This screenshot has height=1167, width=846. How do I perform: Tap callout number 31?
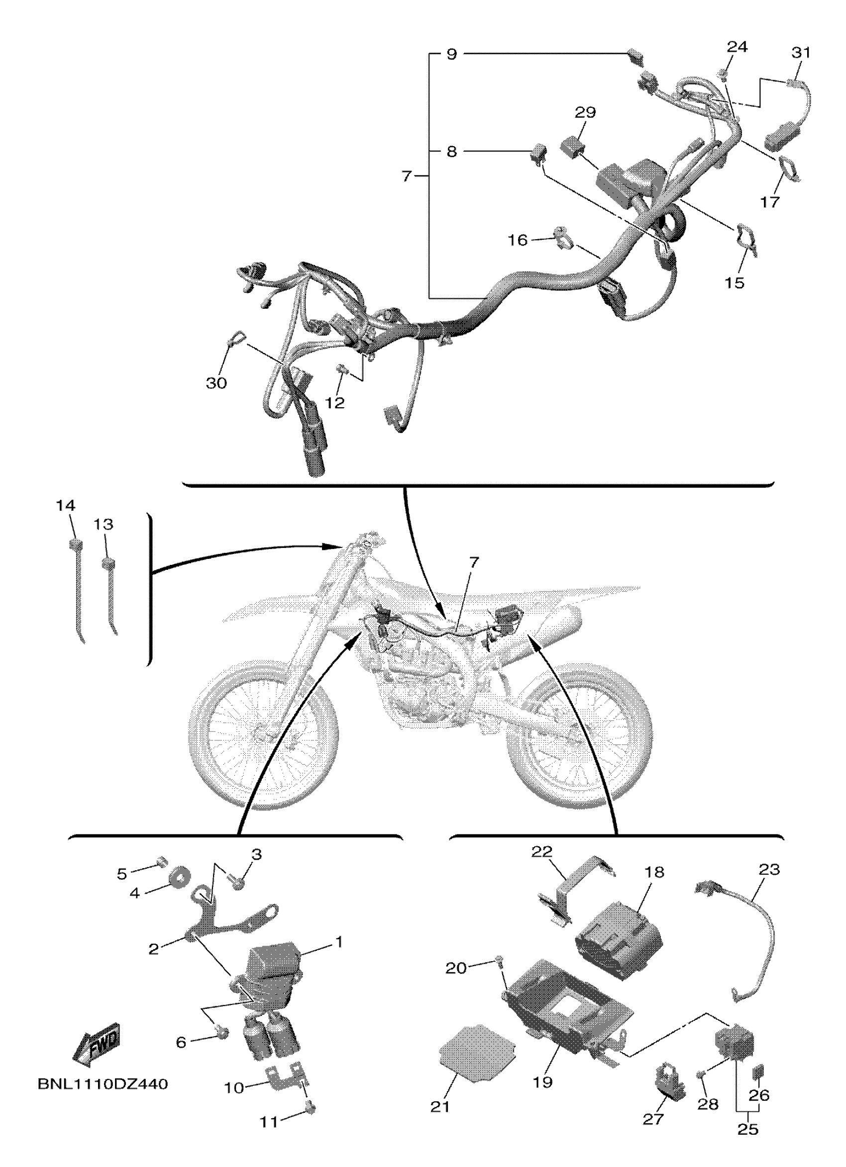[x=800, y=53]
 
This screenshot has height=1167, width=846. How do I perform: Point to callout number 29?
[x=585, y=112]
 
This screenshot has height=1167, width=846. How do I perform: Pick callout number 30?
[x=216, y=383]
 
